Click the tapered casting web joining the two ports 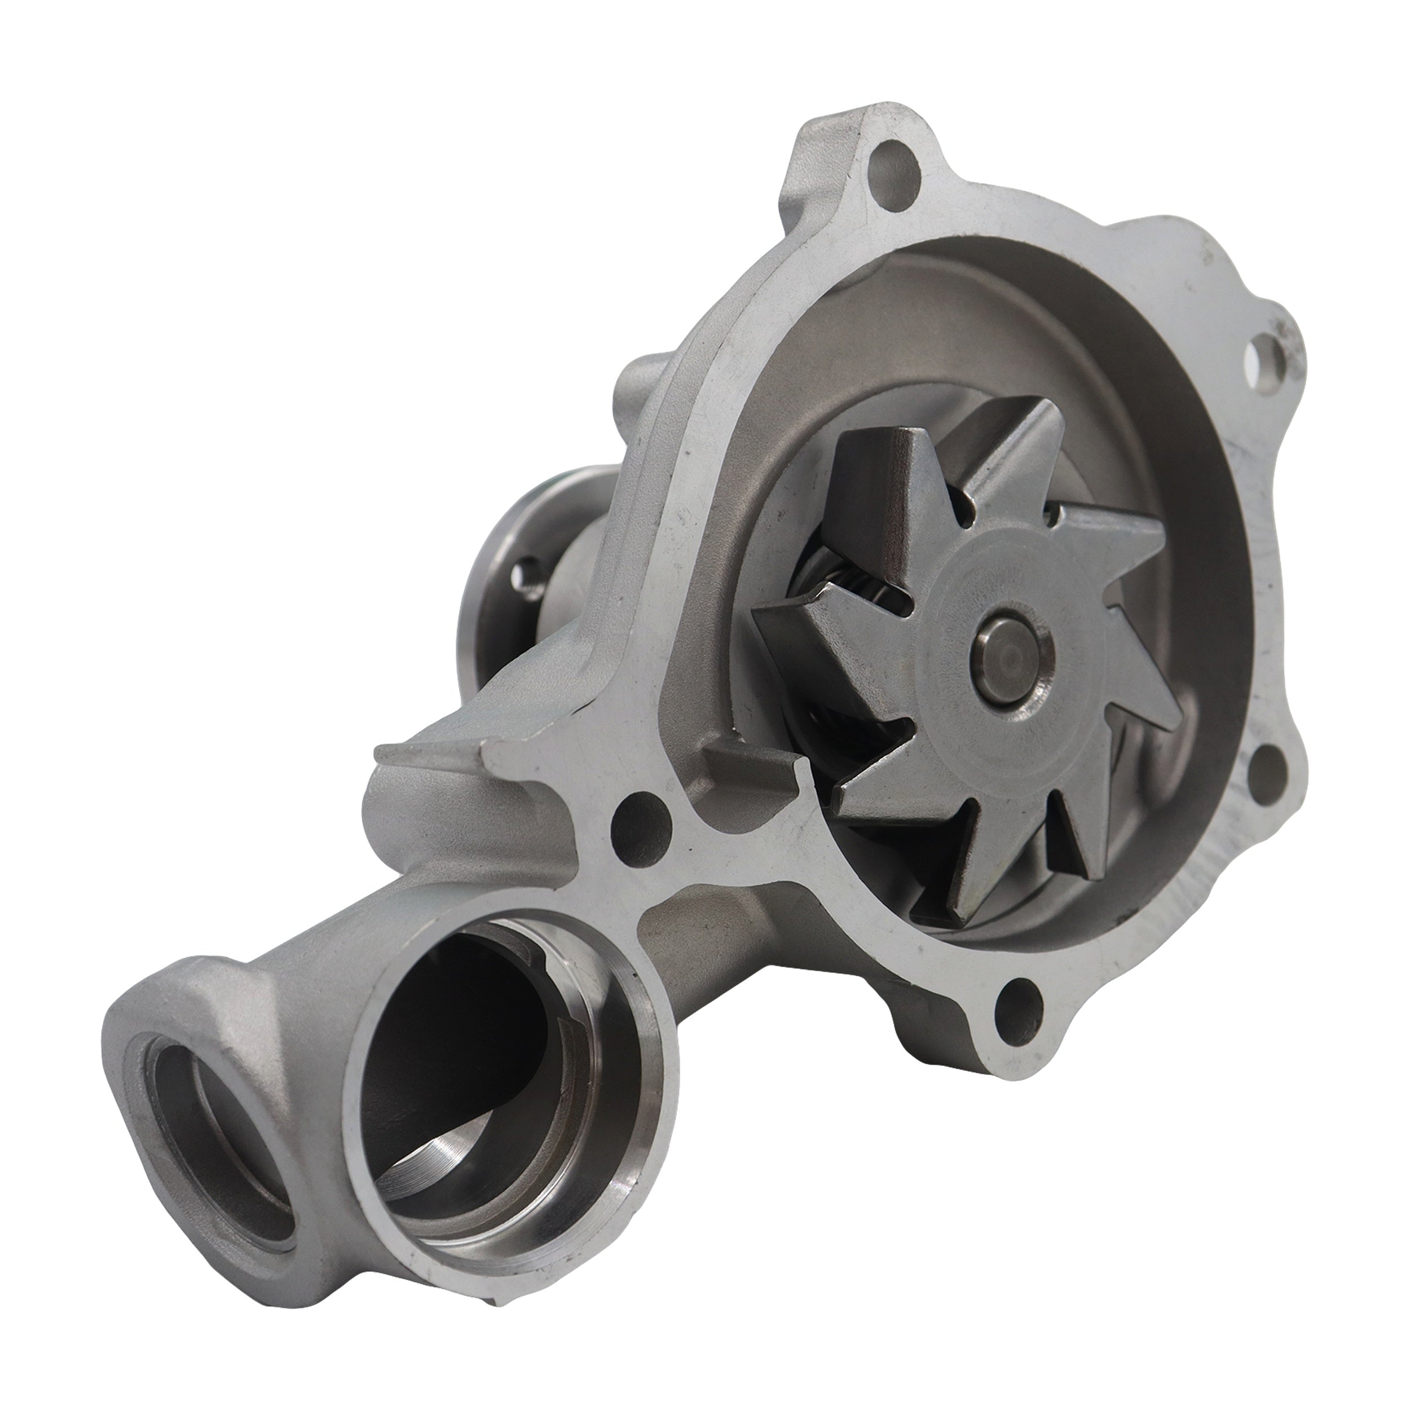coord(321,1007)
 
